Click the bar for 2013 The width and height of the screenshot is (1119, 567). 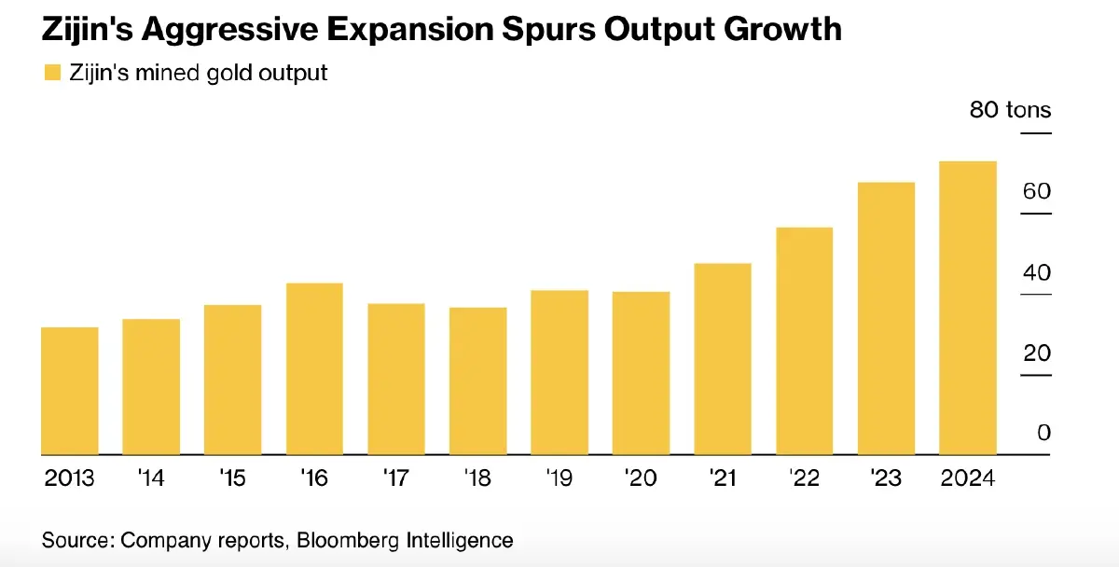pos(70,391)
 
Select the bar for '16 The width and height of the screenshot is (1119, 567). pos(314,368)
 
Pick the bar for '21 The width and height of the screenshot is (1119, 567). pos(723,359)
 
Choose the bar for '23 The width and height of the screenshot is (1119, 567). pos(886,318)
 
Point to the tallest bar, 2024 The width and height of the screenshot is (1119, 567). pos(968,308)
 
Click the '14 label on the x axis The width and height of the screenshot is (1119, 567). pos(151,478)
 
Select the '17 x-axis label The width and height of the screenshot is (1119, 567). pos(396,478)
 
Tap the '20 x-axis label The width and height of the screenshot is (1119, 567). pos(641,478)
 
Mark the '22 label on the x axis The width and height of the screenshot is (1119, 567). pos(804,478)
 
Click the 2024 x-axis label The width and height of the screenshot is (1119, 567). pos(968,478)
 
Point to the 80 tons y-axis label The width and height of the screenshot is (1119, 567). pos(1010,110)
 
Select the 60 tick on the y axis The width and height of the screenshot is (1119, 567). pos(1036,191)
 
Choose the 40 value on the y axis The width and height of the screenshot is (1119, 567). pos(1036,272)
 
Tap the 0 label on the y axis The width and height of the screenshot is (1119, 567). pos(1043,433)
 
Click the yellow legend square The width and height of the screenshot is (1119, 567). pos(52,73)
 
